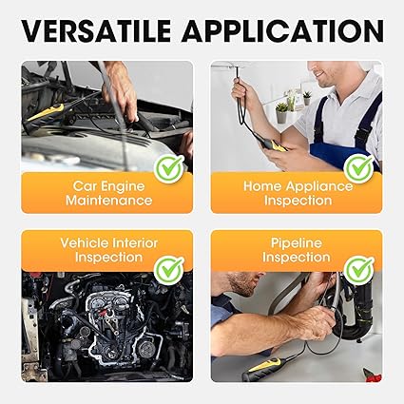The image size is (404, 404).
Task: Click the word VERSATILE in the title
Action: point(96,30)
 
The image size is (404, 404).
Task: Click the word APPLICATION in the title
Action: point(282,30)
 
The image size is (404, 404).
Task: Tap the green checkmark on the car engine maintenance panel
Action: point(168,169)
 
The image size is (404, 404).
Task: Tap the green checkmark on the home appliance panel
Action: point(359,169)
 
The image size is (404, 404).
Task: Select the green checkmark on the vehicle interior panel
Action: point(168,270)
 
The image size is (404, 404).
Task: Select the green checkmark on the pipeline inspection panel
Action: point(359,270)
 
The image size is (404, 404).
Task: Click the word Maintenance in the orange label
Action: point(109,201)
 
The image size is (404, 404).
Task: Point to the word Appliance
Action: point(319,187)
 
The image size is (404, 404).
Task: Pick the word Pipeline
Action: point(297,243)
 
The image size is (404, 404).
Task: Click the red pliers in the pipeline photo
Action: point(372,375)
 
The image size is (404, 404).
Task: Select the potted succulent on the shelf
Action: point(281,113)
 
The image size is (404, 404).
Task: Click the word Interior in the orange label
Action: point(135,243)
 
